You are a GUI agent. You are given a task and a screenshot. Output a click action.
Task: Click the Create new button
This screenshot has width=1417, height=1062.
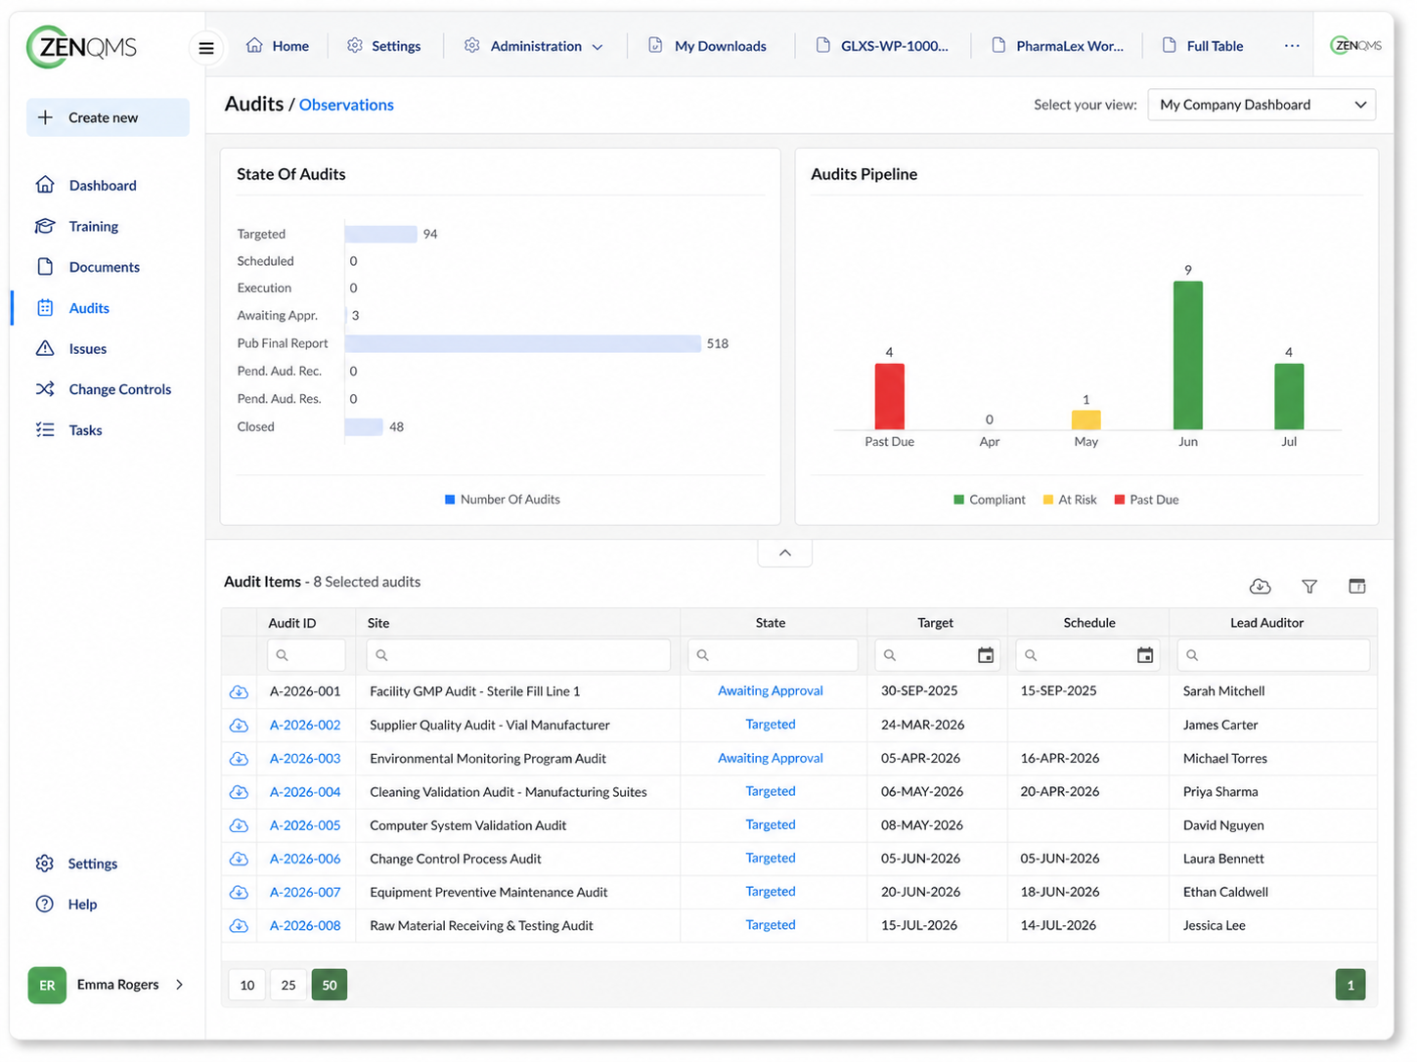(108, 117)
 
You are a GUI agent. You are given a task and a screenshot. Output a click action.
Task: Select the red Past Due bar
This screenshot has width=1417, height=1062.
(889, 396)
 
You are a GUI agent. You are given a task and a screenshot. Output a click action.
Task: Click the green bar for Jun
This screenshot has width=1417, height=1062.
(1187, 355)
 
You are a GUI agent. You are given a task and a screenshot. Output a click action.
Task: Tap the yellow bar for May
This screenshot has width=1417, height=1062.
(1085, 420)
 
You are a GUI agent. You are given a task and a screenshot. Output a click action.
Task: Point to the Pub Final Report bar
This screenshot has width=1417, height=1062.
(523, 343)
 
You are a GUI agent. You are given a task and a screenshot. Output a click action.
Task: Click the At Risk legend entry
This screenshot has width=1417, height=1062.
(1070, 500)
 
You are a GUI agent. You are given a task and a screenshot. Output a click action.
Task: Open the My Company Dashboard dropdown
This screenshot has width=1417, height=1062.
(1262, 105)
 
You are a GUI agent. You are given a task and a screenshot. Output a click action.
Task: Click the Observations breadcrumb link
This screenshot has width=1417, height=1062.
(346, 105)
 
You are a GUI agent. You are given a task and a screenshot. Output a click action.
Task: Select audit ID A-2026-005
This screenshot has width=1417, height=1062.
(305, 825)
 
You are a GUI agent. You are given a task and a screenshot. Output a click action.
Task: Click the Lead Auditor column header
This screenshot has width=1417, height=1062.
(1266, 623)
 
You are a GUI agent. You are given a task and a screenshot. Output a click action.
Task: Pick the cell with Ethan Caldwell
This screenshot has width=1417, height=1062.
(1225, 892)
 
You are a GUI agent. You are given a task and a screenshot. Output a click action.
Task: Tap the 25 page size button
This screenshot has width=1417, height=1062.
(288, 985)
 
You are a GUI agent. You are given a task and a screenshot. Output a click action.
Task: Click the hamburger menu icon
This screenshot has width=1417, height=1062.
(206, 48)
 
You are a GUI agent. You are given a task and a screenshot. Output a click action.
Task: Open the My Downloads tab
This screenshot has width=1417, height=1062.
(708, 46)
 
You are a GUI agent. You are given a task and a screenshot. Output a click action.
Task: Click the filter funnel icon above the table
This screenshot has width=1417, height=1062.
(1309, 586)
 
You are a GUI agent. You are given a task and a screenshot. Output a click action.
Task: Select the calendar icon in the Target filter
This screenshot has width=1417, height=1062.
(985, 655)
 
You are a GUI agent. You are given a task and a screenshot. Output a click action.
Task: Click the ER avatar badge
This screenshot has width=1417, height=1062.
(47, 985)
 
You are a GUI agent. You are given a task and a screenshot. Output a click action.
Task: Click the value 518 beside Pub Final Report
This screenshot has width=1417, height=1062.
(717, 343)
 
